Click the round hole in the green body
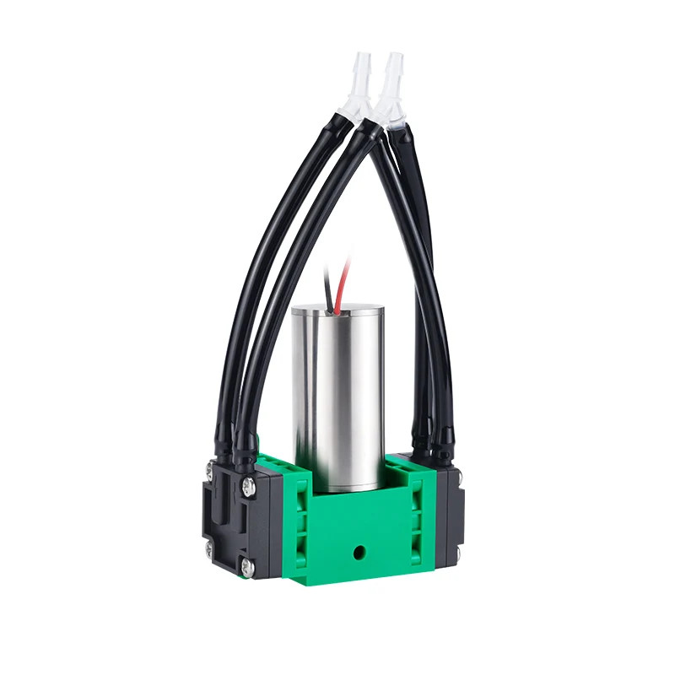(x=361, y=553)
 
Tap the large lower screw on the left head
(x=246, y=568)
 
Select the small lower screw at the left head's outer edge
(x=209, y=550)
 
